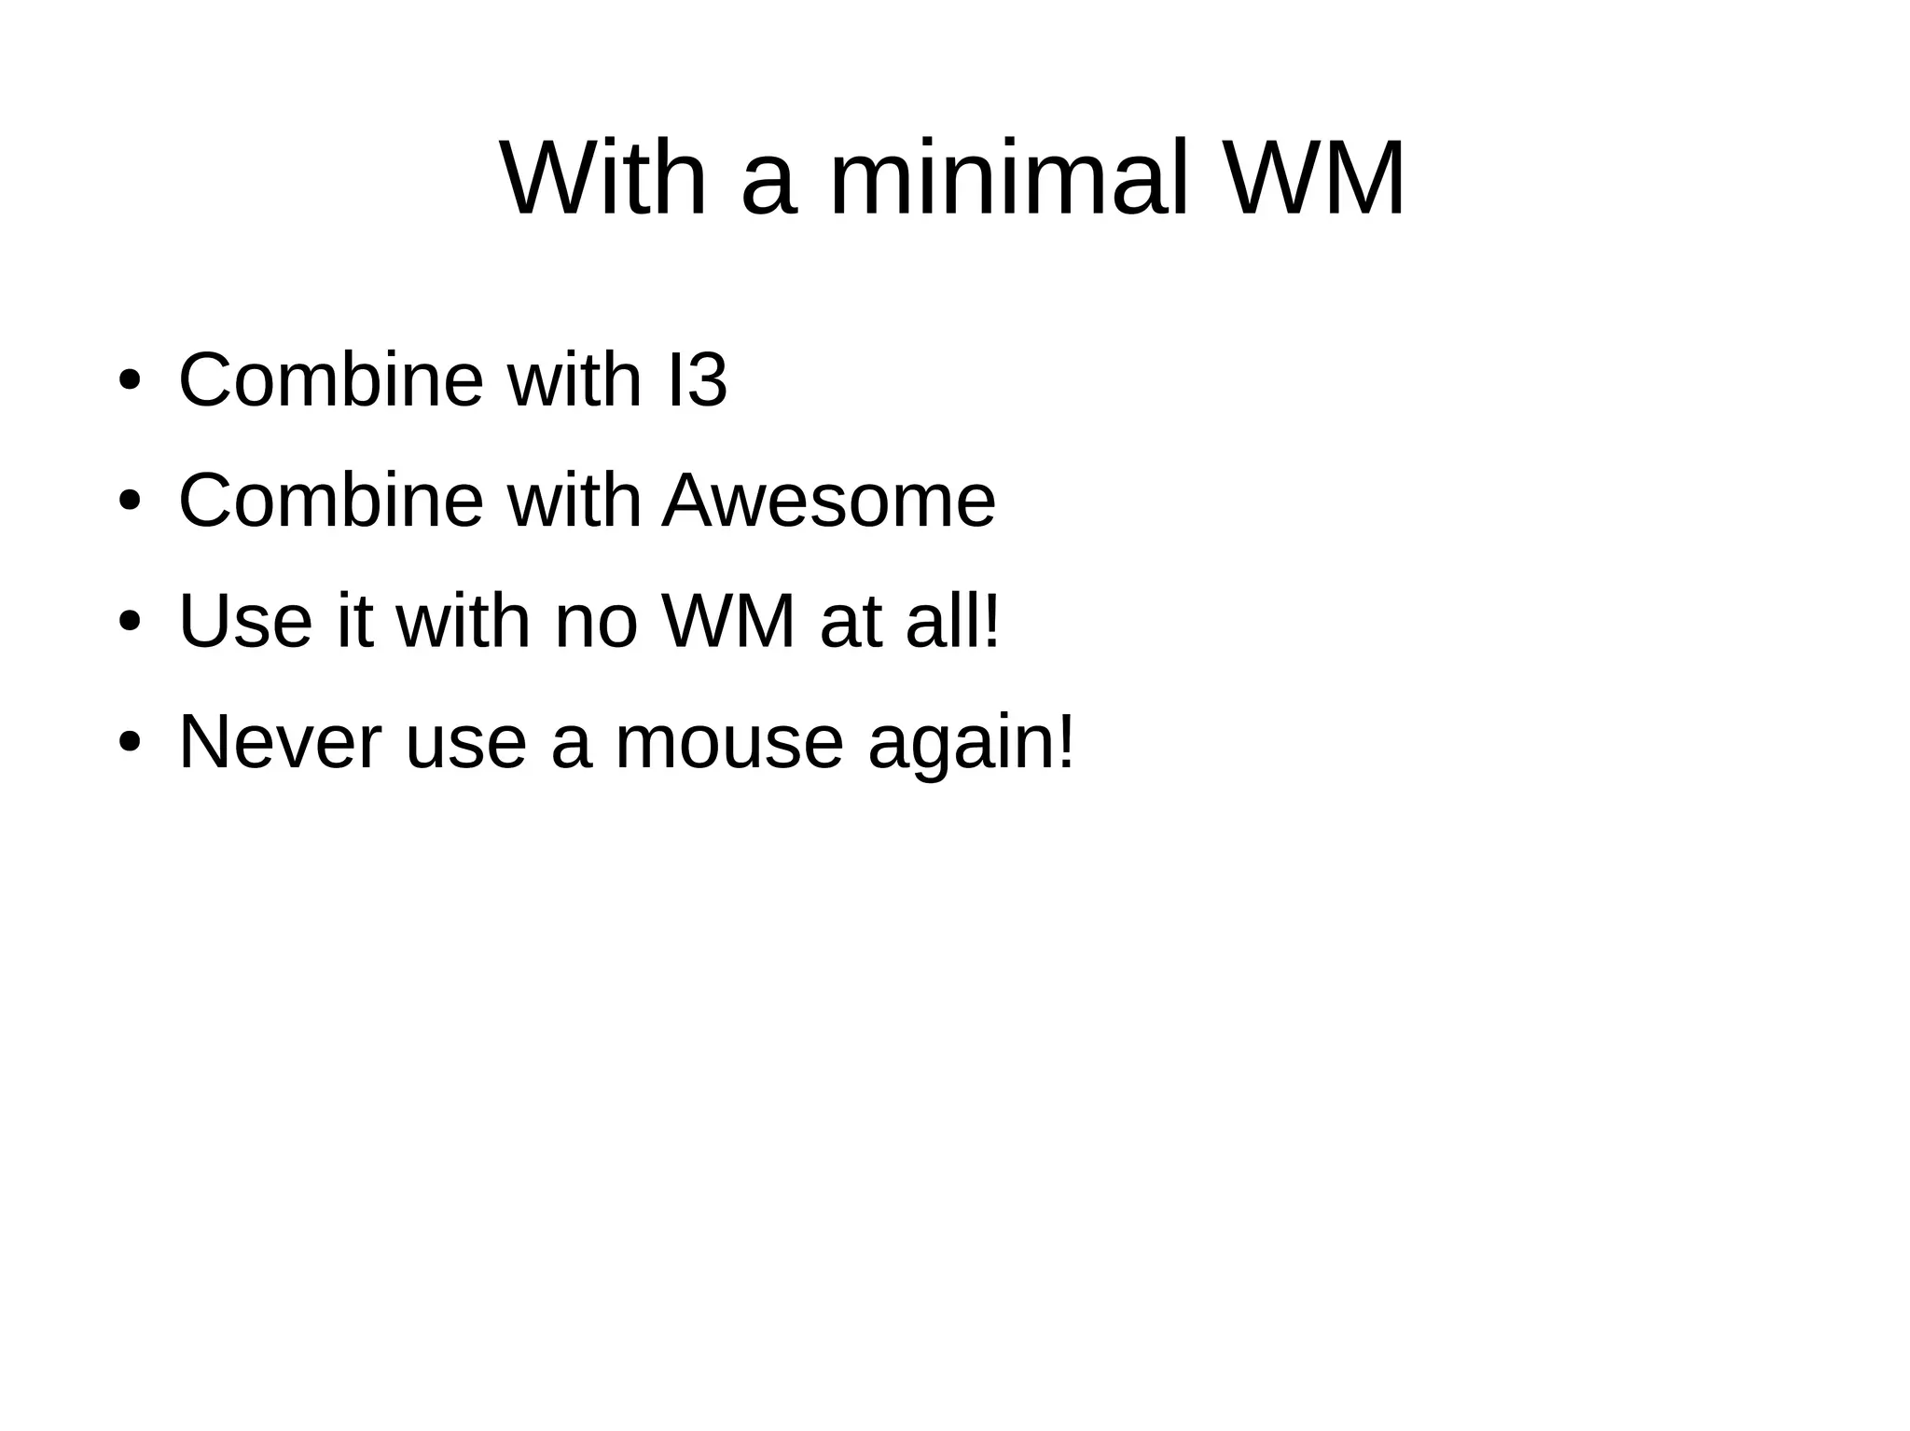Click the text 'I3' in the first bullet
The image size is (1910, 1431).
coord(698,380)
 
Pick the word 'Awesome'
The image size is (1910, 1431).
coord(829,501)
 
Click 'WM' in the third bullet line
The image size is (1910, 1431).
coord(729,621)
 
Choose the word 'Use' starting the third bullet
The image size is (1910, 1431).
coord(245,621)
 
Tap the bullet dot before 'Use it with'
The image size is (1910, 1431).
coord(130,622)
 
